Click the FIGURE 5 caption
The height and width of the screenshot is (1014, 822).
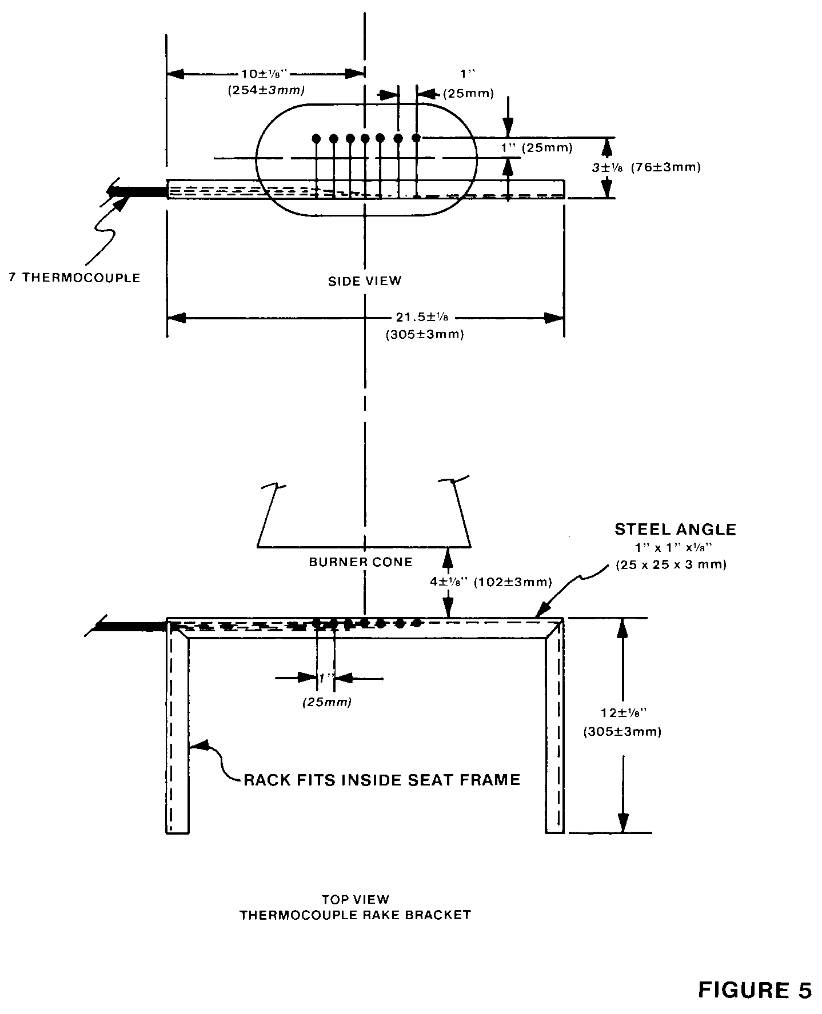click(755, 990)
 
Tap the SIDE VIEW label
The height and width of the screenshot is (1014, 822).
click(365, 280)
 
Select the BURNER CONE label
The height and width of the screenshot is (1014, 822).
click(361, 562)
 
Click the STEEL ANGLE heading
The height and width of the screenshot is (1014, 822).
click(675, 529)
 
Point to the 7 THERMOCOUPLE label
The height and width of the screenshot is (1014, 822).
click(74, 278)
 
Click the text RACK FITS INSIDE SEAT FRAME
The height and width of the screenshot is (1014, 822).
click(382, 780)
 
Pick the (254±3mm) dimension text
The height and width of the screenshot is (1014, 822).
click(265, 90)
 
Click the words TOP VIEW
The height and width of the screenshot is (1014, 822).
click(355, 899)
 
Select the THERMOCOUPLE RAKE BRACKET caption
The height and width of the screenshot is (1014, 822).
click(355, 915)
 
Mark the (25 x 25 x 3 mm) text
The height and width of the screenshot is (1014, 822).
click(671, 565)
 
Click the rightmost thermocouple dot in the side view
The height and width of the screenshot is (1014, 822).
click(417, 138)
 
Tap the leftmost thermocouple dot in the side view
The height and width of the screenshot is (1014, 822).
click(316, 138)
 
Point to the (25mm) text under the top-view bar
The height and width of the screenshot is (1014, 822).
click(326, 702)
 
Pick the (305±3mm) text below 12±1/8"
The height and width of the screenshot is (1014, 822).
click(622, 732)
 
